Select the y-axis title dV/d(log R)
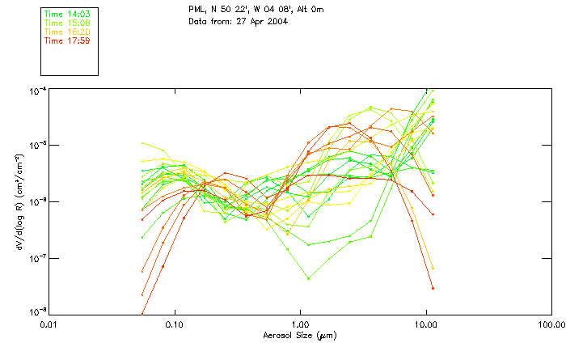coord(19,200)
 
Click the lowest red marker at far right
coord(433,288)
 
